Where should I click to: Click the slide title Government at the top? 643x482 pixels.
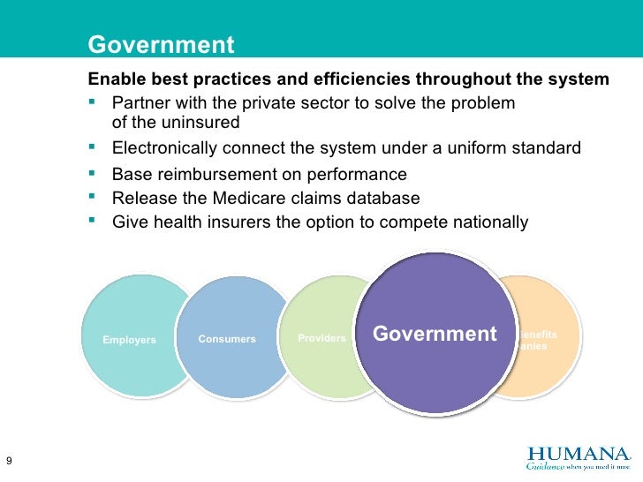[x=162, y=45]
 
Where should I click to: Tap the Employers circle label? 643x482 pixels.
[x=129, y=340]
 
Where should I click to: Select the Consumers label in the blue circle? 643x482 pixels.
[x=227, y=339]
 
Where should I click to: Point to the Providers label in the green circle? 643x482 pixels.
[x=321, y=338]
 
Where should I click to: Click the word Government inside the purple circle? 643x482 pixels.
[x=435, y=334]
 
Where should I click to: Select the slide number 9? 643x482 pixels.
[x=9, y=461]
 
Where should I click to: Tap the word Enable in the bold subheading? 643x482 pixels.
[x=110, y=79]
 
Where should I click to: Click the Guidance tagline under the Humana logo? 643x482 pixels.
[x=578, y=467]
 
